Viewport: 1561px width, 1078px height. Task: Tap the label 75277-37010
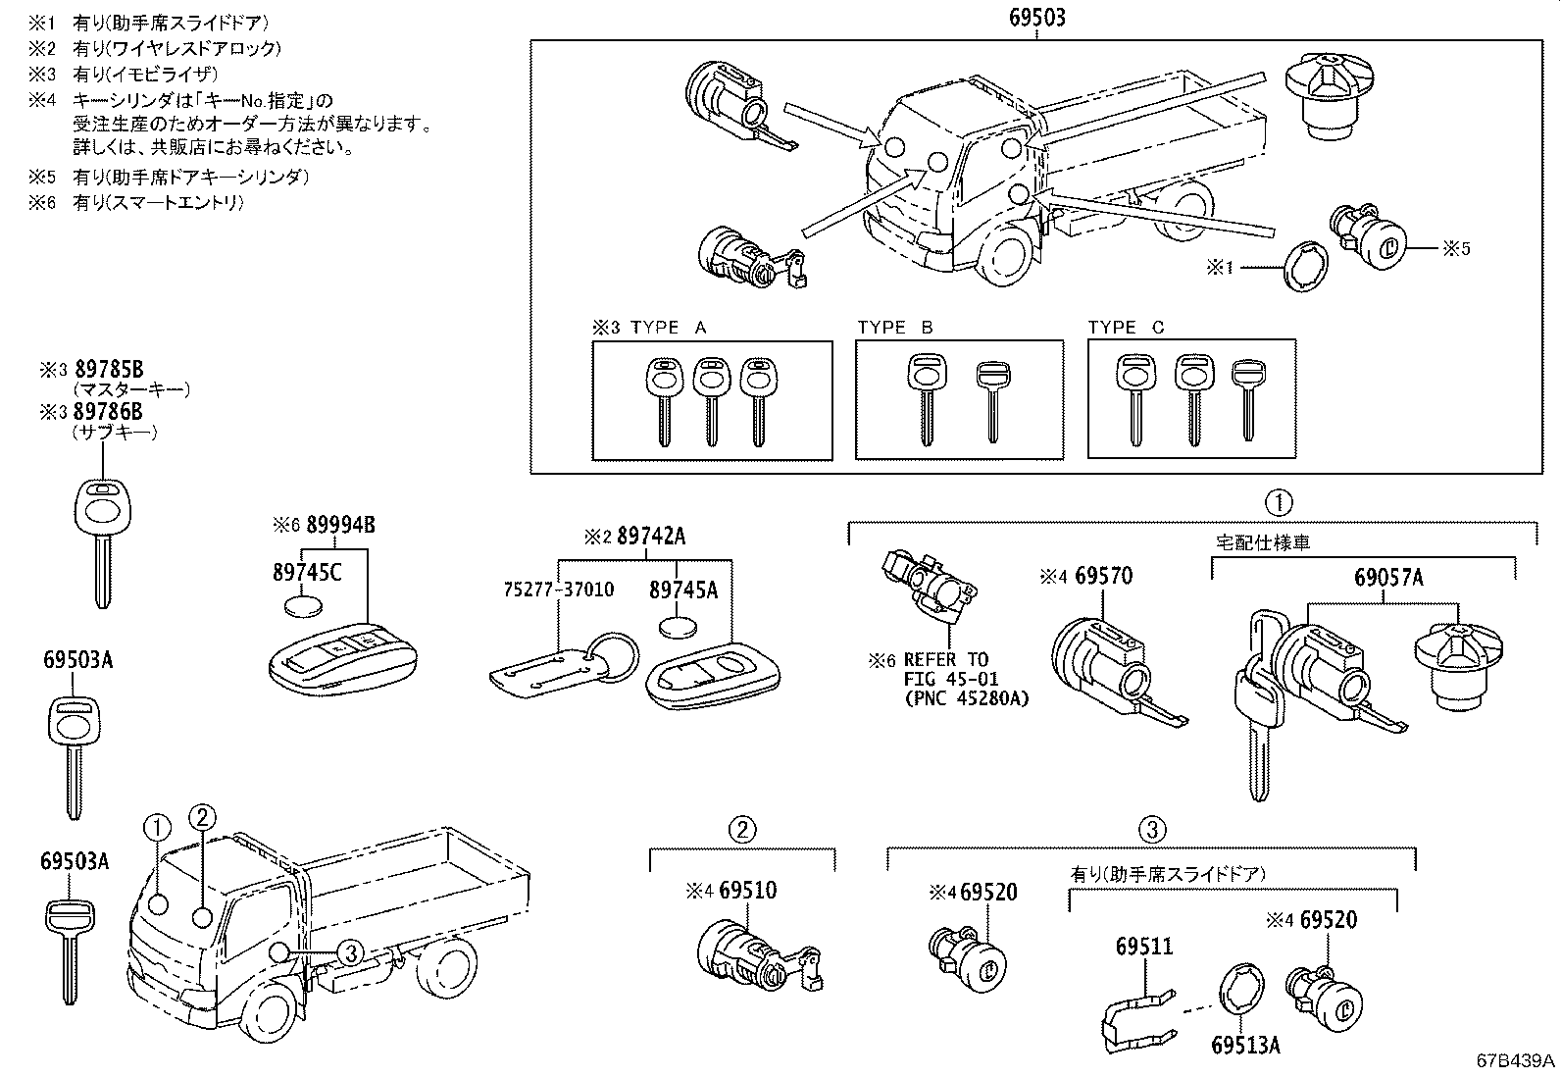tap(558, 590)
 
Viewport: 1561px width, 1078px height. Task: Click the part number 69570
tap(1103, 576)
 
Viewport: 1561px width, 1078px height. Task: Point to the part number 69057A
tap(1388, 578)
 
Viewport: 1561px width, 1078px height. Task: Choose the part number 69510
tap(747, 891)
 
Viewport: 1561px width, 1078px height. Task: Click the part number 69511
tap(1143, 947)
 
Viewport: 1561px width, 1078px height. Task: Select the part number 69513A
tap(1245, 1046)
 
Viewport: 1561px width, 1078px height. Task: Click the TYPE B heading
tap(895, 328)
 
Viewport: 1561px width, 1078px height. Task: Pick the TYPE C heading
tap(1126, 328)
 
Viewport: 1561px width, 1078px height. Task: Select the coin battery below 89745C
tap(303, 605)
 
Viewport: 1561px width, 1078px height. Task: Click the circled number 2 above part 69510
tap(742, 830)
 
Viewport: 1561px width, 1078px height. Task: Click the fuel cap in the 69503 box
tap(1328, 90)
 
